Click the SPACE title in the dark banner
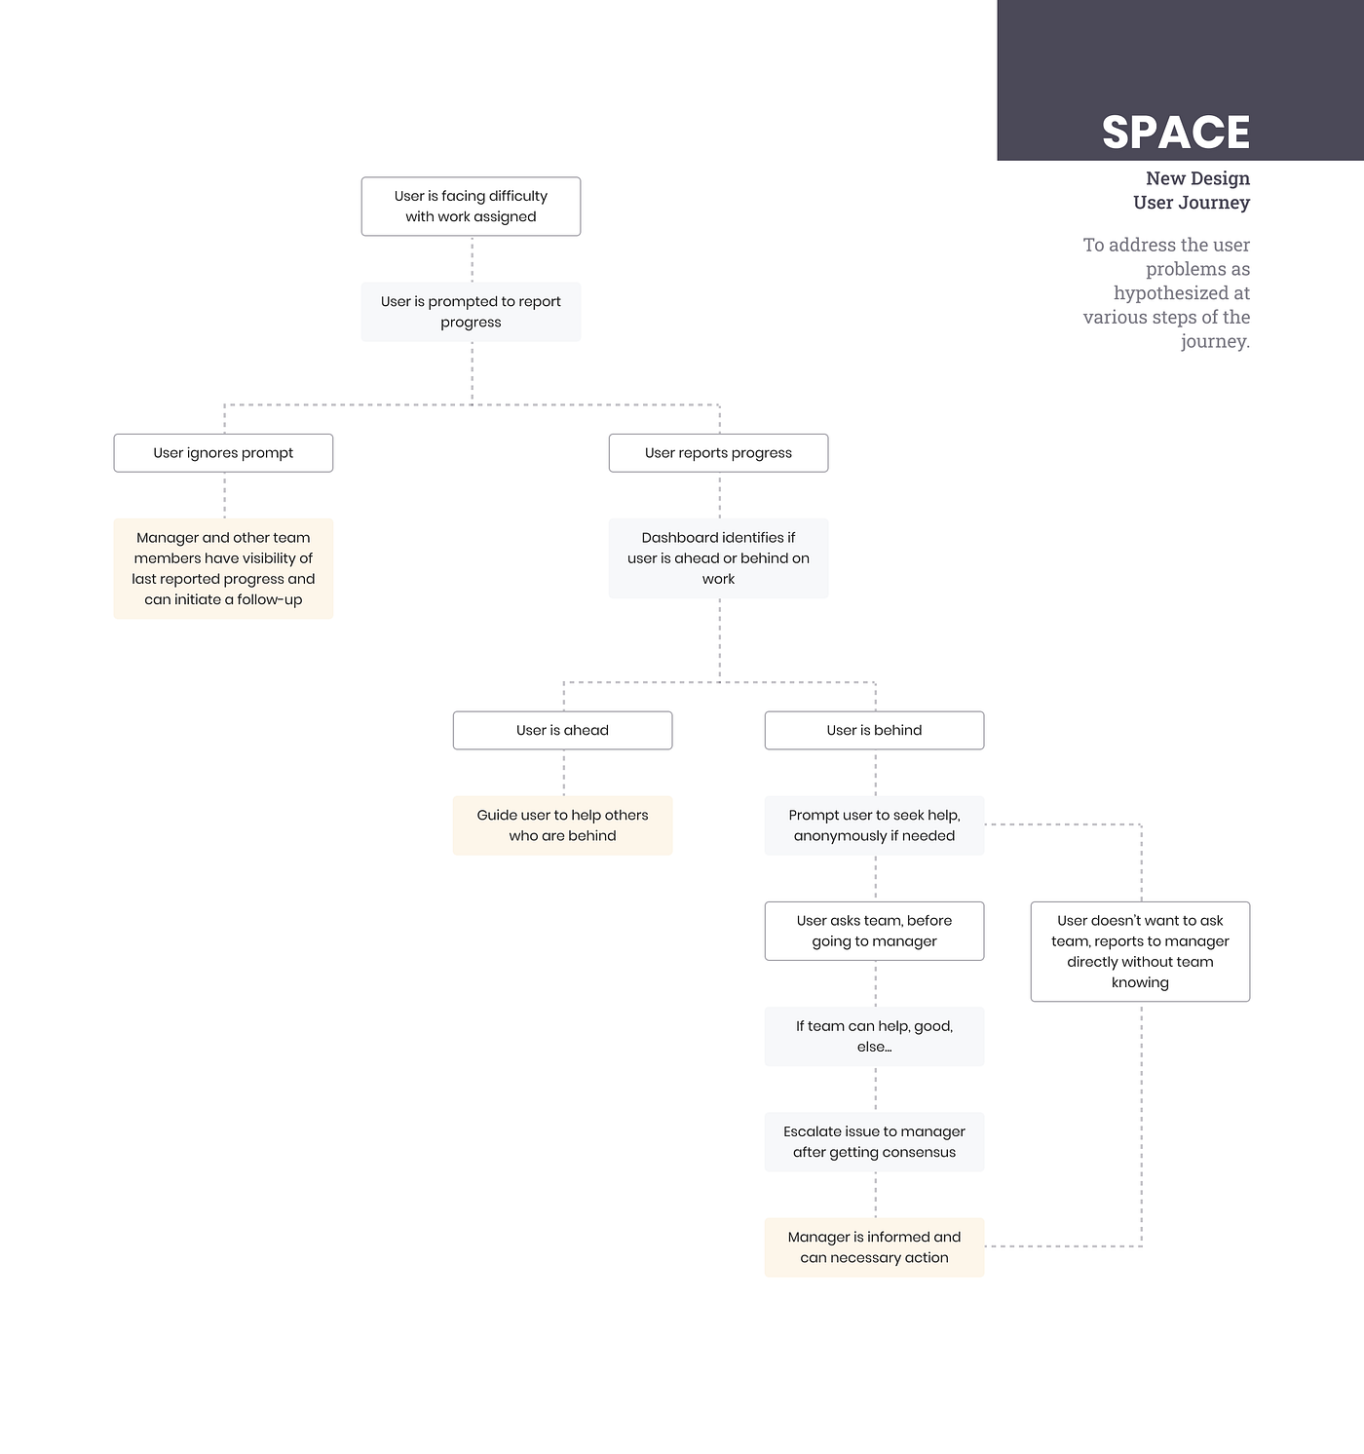tap(1176, 133)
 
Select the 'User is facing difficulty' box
tap(471, 207)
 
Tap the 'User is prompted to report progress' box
tap(471, 312)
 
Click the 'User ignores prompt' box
tap(223, 453)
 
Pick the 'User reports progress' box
tap(718, 453)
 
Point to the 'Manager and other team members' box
tap(223, 569)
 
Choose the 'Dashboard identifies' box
tap(718, 558)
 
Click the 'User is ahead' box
tap(562, 731)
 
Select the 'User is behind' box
tap(874, 731)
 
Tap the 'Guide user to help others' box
tap(562, 825)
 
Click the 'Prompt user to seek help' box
tap(874, 825)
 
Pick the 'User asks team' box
tap(874, 932)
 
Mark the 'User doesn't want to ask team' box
tap(1140, 952)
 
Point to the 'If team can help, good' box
tap(874, 1037)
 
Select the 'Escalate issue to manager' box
tap(874, 1142)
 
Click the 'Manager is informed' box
tap(874, 1247)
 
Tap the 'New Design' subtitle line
tap(1197, 178)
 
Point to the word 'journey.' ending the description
tap(1215, 341)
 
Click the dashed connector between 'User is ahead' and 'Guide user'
tap(564, 773)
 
